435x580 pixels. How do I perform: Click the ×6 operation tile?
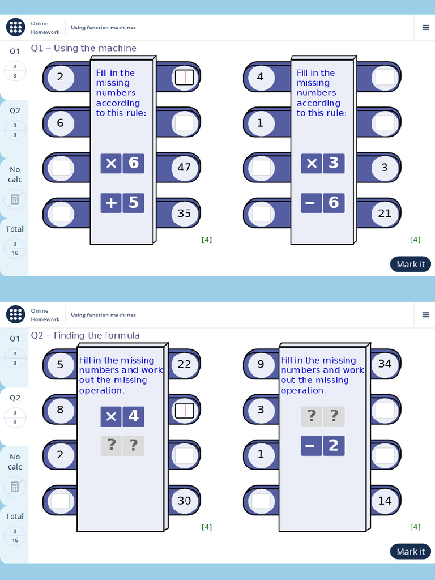coord(122,163)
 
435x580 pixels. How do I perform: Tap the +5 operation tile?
coord(122,203)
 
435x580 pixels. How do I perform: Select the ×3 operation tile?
coord(322,163)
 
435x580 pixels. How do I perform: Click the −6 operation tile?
coord(322,203)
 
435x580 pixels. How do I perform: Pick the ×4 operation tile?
coord(122,416)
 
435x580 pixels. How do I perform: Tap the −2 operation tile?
coord(322,446)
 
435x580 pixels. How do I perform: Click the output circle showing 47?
coord(184,168)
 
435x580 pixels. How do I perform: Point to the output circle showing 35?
coord(184,214)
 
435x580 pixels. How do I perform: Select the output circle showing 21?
coord(385,214)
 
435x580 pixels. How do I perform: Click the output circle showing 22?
coord(184,364)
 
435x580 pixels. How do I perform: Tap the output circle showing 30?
coord(184,501)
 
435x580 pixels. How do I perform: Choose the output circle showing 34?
coord(385,364)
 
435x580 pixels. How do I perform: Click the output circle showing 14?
coord(385,501)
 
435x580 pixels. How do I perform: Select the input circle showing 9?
coord(261,364)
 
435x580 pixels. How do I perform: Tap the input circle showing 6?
coord(60,123)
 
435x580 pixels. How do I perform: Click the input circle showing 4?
coord(261,77)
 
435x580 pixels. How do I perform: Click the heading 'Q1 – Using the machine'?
coord(84,48)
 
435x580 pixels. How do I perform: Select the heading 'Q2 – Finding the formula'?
coord(86,335)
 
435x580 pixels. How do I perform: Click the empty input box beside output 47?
coord(61,168)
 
